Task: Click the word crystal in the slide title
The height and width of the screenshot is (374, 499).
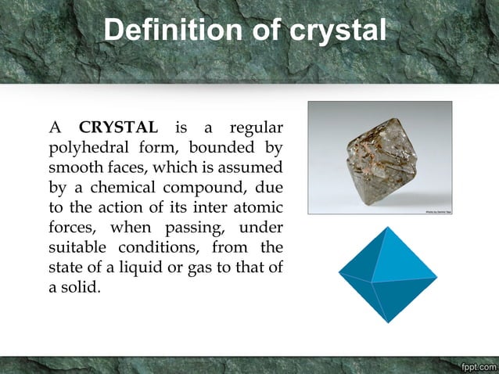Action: click(x=338, y=31)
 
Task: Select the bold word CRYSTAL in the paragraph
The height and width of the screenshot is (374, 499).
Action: click(x=118, y=127)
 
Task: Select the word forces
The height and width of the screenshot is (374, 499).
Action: click(x=72, y=228)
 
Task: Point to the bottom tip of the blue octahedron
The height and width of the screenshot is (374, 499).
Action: click(x=388, y=321)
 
